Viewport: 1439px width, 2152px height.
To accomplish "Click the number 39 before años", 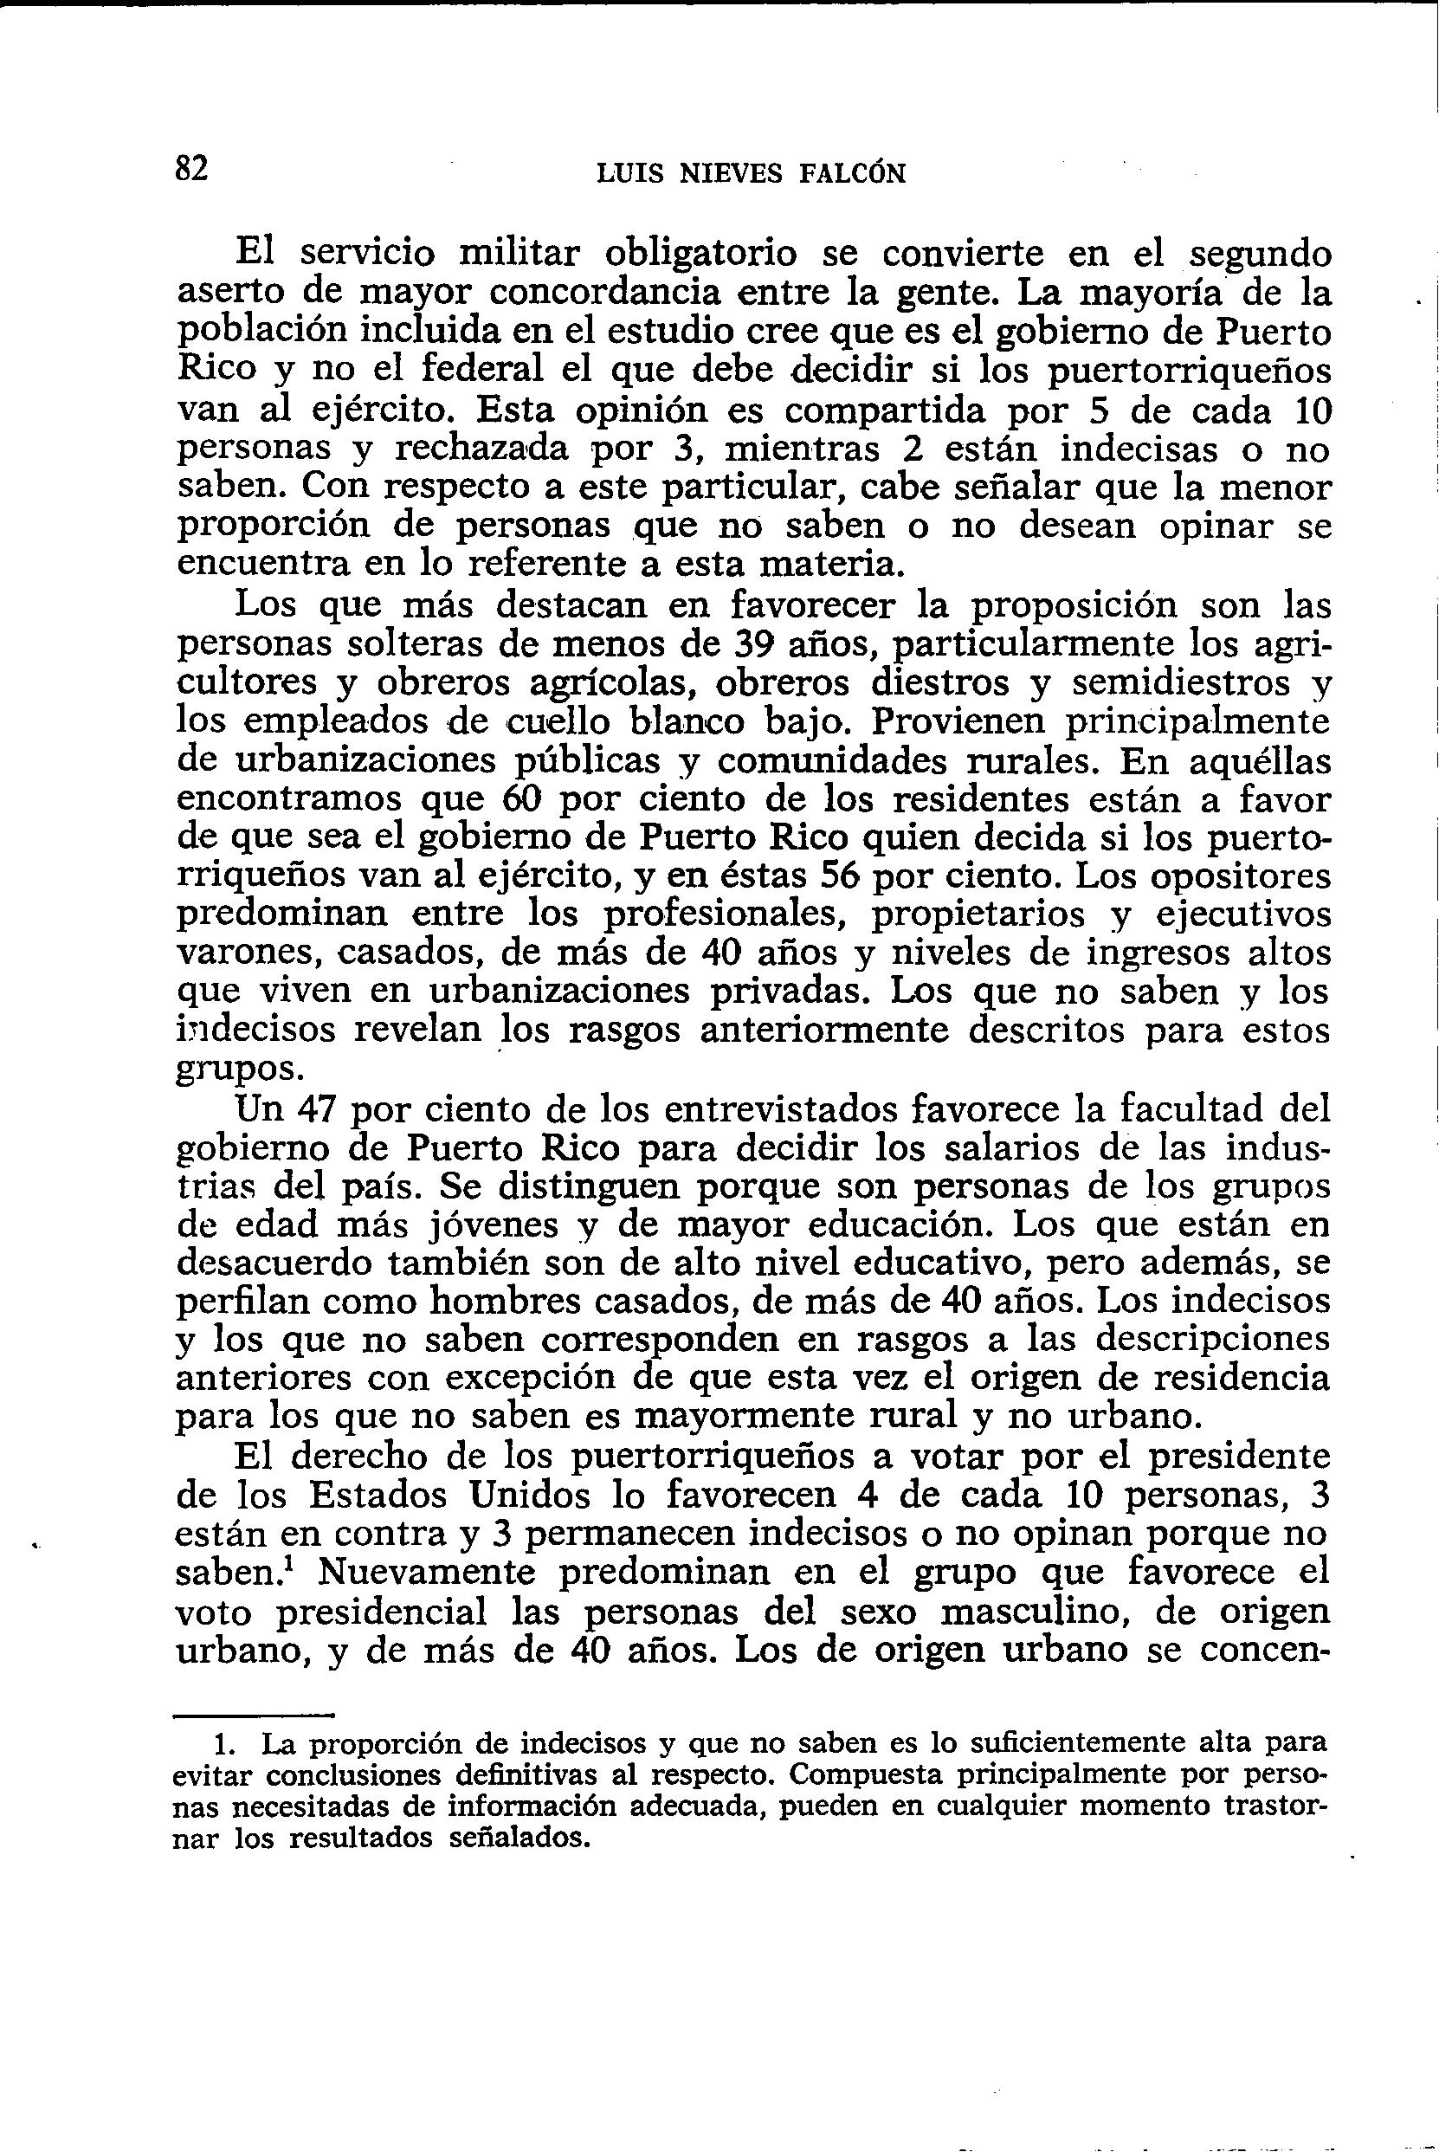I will point(759,644).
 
